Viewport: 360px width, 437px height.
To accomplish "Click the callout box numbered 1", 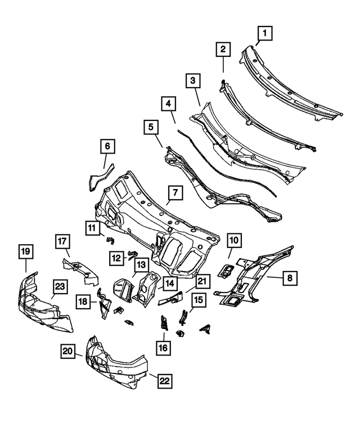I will pos(263,34).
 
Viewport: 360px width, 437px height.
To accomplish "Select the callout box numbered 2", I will pos(223,50).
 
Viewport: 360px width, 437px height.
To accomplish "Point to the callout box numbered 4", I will pos(168,103).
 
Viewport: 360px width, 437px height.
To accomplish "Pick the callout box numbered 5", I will pos(151,128).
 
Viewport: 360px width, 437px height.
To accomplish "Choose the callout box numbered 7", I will pos(175,193).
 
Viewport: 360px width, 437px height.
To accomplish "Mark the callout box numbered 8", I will pos(289,277).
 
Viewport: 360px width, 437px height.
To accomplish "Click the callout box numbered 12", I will pos(117,258).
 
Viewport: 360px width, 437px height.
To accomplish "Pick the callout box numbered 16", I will pos(163,348).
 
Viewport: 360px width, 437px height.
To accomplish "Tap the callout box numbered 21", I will pos(202,281).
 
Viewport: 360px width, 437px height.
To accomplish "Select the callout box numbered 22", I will pos(164,381).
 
